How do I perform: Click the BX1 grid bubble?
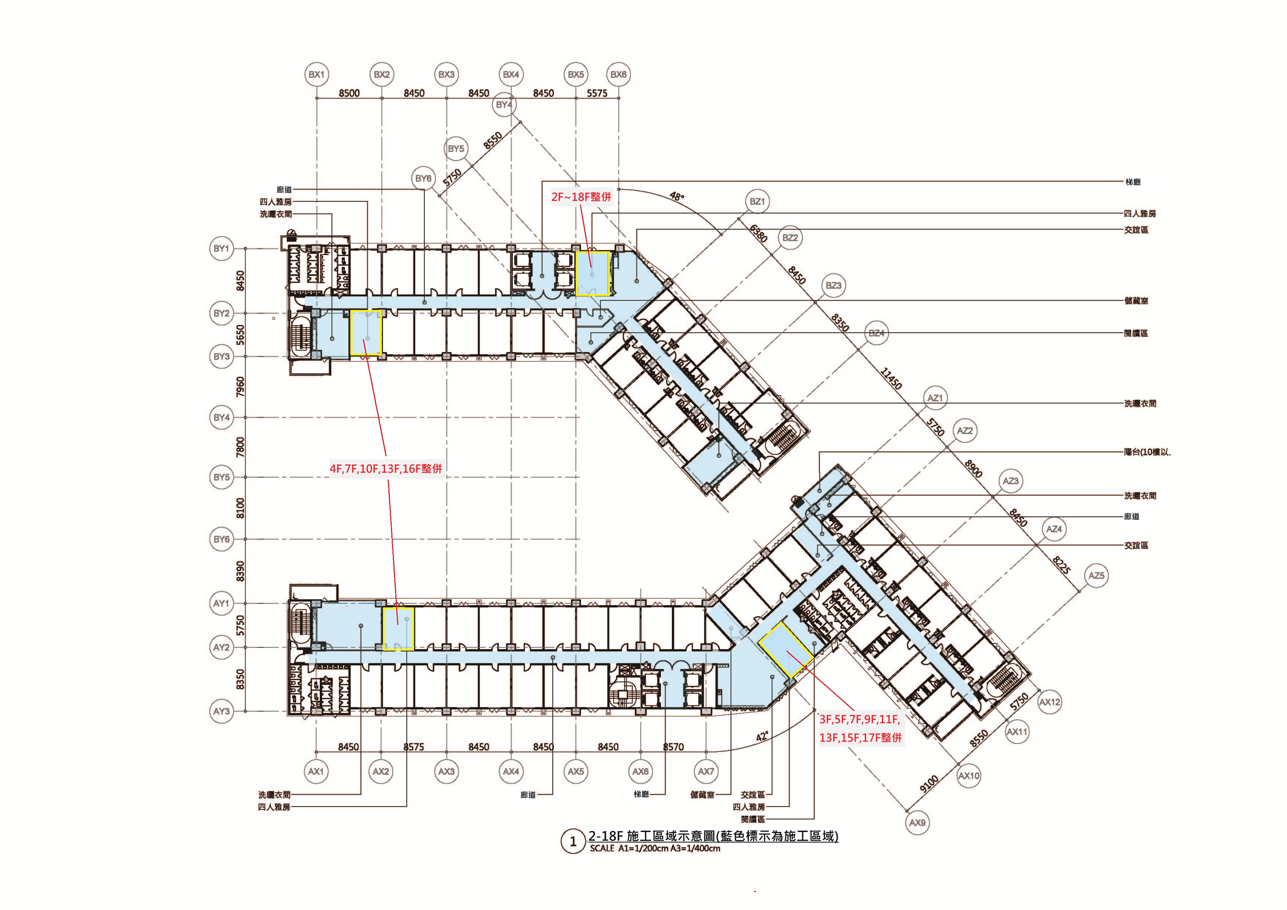[x=317, y=74]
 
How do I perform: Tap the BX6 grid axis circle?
[x=618, y=74]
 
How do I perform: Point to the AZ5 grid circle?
[x=1096, y=576]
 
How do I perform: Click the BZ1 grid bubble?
[x=757, y=202]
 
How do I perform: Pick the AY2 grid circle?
[x=222, y=648]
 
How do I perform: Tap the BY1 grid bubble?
[x=222, y=248]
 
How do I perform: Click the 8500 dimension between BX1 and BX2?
[x=349, y=93]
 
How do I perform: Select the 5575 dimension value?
[x=597, y=93]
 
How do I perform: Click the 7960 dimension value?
[x=241, y=387]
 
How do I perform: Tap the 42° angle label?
[x=761, y=736]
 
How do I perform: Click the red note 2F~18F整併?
[x=581, y=197]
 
